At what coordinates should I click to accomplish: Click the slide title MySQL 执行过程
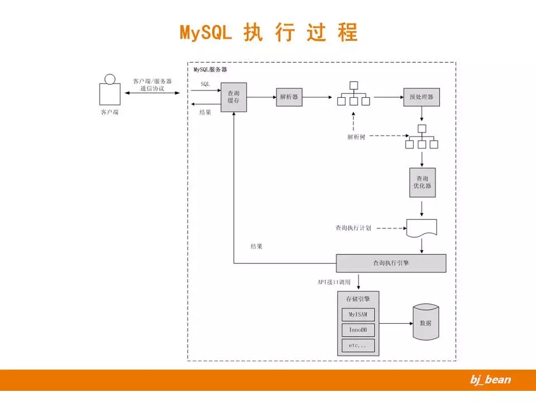[x=268, y=32]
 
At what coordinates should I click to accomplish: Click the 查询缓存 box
[x=233, y=97]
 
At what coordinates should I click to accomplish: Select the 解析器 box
[x=289, y=97]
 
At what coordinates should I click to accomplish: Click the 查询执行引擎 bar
[x=391, y=263]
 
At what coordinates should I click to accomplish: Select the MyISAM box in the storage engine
[x=357, y=314]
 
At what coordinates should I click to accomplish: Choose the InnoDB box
[x=357, y=330]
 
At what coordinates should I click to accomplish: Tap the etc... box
[x=357, y=346]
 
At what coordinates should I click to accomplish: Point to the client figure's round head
[x=110, y=79]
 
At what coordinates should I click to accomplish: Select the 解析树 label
[x=356, y=137]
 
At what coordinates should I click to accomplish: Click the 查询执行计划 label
[x=353, y=228]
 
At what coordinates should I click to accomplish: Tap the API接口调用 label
[x=334, y=283]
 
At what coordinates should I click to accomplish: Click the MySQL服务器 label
[x=210, y=70]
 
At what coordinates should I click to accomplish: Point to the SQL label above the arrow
[x=205, y=84]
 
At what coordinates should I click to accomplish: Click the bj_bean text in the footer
[x=490, y=380]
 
